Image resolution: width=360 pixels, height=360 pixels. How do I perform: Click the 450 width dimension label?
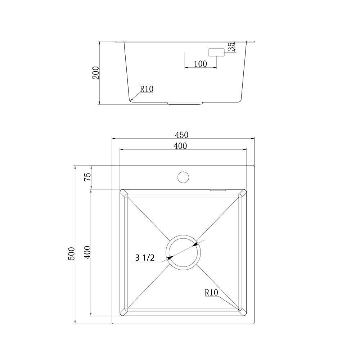click(x=181, y=135)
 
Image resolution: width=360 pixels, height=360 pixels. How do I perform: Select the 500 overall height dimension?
click(x=71, y=253)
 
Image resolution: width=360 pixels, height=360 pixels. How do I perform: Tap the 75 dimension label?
click(x=87, y=177)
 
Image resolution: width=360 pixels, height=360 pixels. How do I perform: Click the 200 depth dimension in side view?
click(x=95, y=73)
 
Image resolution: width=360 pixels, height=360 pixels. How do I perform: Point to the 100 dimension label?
click(x=201, y=64)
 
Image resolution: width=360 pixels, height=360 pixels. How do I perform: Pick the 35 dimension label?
click(x=231, y=46)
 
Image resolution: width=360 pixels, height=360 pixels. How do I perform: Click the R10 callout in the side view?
click(x=147, y=89)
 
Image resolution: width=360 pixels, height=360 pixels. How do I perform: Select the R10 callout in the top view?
click(x=211, y=292)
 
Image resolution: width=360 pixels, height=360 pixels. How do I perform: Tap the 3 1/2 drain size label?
click(x=145, y=258)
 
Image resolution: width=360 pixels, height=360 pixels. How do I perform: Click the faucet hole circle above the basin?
click(x=183, y=177)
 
